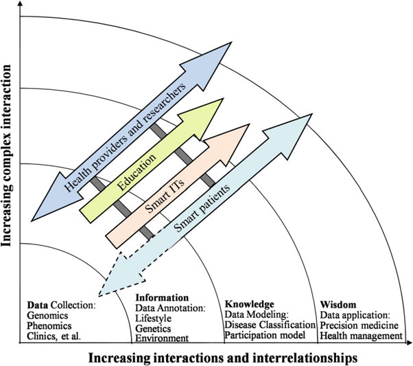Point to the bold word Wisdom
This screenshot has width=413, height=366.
click(x=338, y=303)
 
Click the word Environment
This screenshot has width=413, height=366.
click(x=162, y=338)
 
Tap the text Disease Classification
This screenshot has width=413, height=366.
click(x=269, y=324)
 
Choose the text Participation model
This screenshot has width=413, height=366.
click(x=265, y=335)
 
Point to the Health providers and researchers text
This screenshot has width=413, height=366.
click(x=127, y=137)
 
